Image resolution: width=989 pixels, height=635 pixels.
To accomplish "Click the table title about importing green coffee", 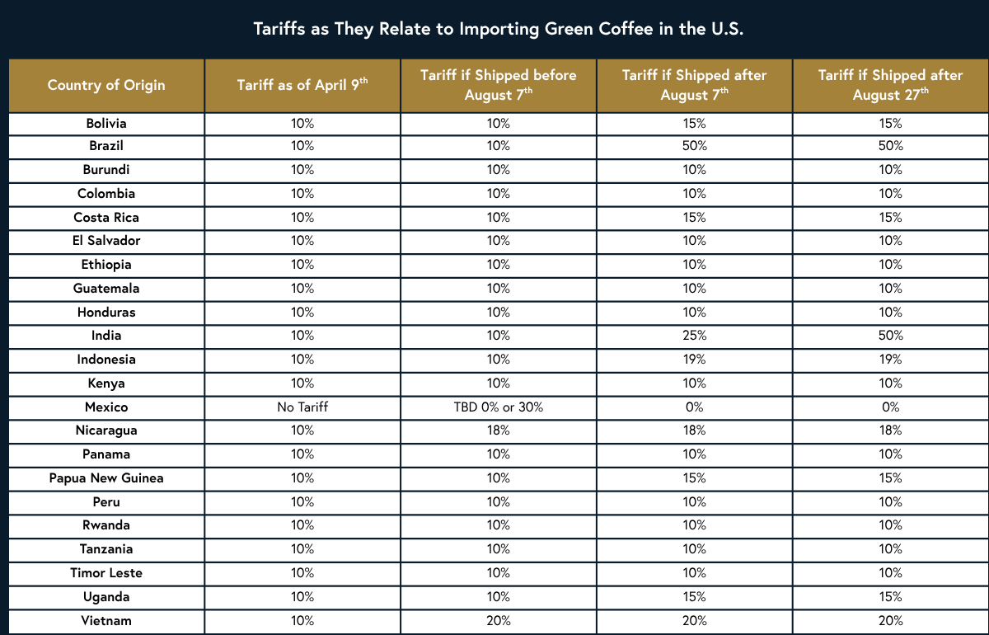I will point(494,29).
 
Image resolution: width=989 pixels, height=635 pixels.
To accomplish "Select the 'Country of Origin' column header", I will point(106,85).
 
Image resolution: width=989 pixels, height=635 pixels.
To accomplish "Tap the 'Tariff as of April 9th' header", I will point(302,85).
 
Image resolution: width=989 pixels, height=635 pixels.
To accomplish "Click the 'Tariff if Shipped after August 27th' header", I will point(890,85).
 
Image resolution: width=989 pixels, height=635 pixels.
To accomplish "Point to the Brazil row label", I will point(106,146).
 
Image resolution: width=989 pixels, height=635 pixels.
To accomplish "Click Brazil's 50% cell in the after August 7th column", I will point(695,146).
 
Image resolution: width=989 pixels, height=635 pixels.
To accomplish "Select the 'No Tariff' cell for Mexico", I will point(302,407).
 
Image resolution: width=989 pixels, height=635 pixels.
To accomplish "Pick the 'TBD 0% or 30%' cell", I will point(498,407).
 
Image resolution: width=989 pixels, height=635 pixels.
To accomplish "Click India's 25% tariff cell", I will point(695,336).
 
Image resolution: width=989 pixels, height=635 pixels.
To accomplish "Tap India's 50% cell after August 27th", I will point(890,336).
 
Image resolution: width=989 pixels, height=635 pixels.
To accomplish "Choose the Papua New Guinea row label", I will point(106,478).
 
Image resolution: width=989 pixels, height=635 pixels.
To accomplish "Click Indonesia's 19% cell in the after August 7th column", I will point(695,360).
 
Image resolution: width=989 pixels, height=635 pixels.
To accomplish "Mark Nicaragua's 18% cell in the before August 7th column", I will point(498,430).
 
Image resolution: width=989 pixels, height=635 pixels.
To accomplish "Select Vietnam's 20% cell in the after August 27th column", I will point(890,621).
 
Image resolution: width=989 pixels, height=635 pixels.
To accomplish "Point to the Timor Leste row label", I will point(106,573).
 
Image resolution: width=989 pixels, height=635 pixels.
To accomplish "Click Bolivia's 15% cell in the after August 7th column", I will point(695,124).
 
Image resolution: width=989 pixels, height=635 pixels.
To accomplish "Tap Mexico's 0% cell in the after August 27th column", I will point(890,407).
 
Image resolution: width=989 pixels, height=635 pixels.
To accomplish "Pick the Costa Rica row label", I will point(106,218).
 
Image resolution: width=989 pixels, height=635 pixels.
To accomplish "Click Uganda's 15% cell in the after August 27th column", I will point(890,597).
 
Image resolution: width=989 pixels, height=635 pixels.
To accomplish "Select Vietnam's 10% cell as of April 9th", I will point(302,621).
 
